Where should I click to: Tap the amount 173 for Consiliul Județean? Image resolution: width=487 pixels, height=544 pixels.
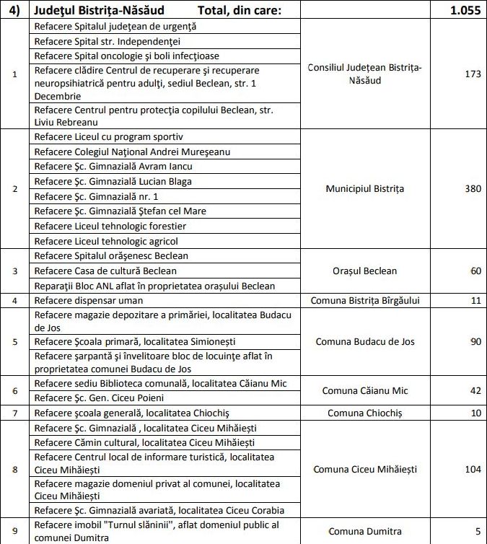(473, 74)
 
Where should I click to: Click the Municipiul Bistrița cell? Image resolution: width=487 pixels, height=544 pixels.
(364, 189)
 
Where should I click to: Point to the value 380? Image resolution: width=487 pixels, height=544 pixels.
(473, 189)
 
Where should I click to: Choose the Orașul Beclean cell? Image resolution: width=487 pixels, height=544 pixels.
(364, 271)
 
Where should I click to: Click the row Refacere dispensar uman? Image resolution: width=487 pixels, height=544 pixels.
(89, 300)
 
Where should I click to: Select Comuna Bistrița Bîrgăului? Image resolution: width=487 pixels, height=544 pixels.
(364, 300)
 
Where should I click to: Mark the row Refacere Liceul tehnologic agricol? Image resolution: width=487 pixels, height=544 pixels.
(106, 241)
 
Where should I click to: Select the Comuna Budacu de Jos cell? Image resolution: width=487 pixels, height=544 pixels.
(364, 341)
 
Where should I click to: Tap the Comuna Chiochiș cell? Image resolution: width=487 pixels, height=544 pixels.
(364, 413)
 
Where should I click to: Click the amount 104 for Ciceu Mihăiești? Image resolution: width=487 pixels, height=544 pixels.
(473, 469)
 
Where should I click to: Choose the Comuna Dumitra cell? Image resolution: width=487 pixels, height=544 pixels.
(364, 531)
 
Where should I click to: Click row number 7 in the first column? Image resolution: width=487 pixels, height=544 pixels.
(15, 413)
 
